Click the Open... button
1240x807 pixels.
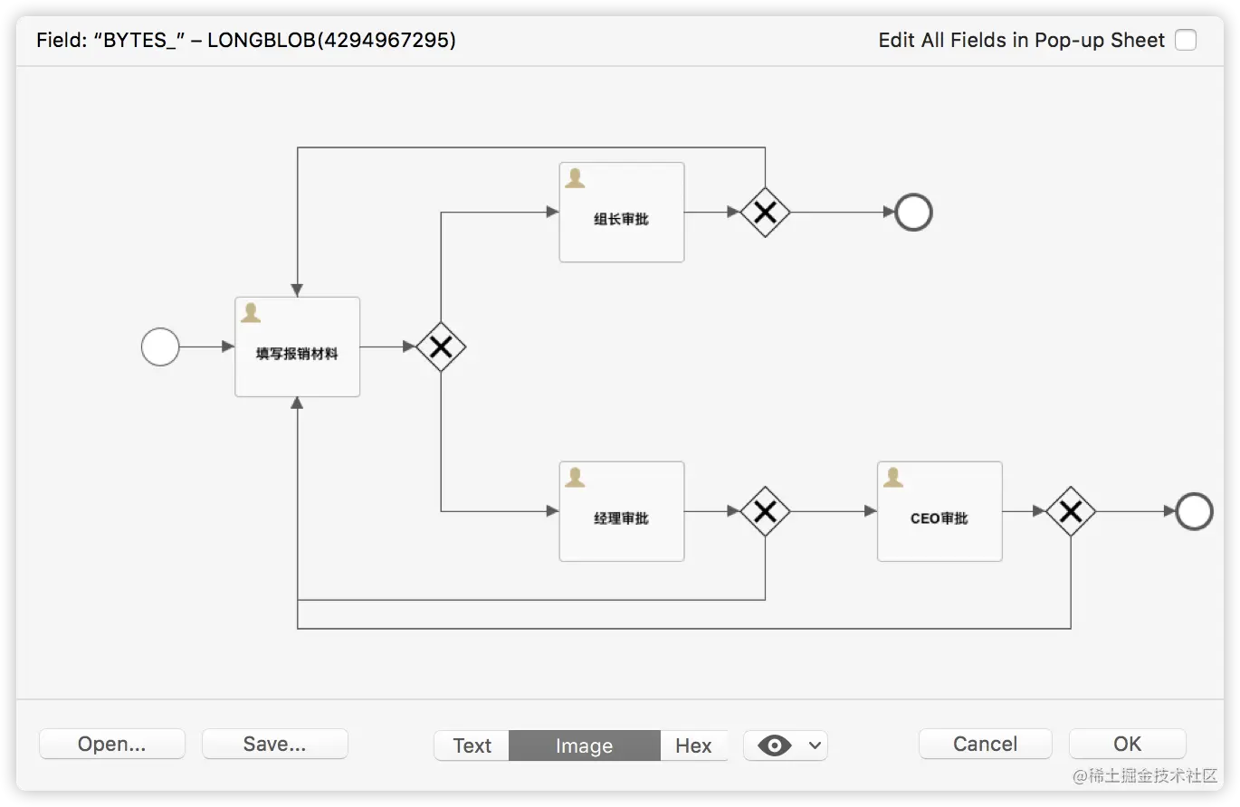112,745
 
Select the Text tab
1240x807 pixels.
472,745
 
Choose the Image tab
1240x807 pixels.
584,745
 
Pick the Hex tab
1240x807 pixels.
693,745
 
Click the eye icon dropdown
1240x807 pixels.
785,745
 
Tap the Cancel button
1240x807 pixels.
985,745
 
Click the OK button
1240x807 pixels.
1127,745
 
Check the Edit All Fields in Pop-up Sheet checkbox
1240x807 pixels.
1185,40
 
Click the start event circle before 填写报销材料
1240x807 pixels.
160,347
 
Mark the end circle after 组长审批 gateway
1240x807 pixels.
913,213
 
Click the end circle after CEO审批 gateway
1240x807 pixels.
1194,511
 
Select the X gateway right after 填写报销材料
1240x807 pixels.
441,347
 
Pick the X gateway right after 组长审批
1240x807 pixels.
765,213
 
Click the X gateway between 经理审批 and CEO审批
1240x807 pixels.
765,511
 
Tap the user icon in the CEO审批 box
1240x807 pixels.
892,477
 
